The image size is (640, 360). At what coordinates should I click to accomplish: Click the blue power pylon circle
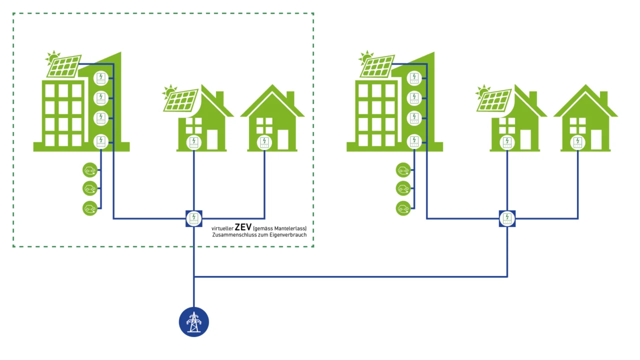194,322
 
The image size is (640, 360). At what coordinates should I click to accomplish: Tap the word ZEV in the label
243,227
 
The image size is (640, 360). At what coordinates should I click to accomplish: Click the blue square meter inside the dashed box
194,218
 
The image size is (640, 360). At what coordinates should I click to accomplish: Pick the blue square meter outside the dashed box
507,218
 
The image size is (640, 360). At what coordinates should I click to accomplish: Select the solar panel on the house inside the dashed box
181,100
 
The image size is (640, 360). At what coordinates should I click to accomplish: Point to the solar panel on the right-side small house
494,100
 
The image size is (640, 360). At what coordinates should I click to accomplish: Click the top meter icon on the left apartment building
101,77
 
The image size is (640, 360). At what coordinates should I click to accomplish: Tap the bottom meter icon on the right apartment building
414,141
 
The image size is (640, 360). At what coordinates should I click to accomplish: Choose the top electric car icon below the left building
90,170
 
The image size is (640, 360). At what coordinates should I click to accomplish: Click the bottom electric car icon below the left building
90,208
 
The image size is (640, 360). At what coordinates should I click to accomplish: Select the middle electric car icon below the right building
403,188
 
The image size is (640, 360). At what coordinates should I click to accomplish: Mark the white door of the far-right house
596,140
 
